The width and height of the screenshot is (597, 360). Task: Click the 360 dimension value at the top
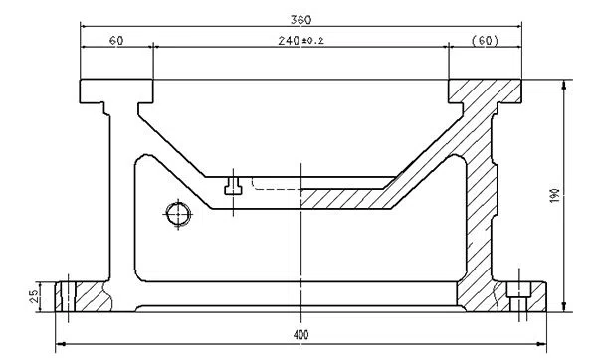pyautogui.click(x=298, y=19)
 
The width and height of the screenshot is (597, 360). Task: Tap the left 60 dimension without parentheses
pyautogui.click(x=116, y=40)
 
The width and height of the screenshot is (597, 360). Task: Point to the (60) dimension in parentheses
pyautogui.click(x=484, y=40)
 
